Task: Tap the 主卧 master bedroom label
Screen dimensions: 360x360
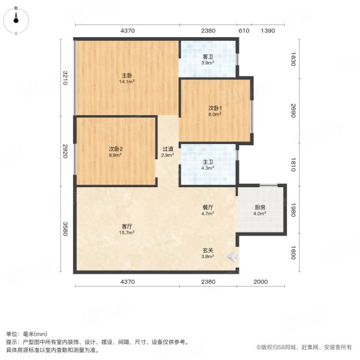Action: coord(125,75)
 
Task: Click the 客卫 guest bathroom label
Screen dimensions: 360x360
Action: coord(207,56)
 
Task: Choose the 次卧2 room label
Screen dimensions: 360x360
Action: coord(116,149)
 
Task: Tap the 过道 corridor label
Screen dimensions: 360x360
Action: coord(168,149)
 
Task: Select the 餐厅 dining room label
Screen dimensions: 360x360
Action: coord(208,206)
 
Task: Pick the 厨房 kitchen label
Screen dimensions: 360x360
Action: coord(259,207)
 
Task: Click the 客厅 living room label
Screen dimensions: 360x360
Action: coord(125,226)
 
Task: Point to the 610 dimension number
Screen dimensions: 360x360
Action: coord(244,31)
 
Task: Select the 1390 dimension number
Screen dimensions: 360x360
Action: coord(268,31)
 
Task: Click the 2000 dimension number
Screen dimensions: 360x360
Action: coord(261,281)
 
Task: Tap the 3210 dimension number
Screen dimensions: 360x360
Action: coord(65,78)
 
